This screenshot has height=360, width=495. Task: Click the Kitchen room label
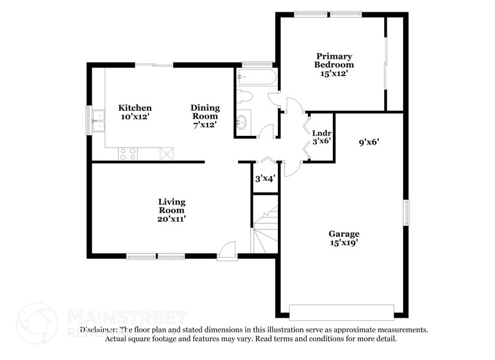pyautogui.click(x=135, y=108)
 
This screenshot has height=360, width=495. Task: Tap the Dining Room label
pyautogui.click(x=205, y=112)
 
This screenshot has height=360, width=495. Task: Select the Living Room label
pyautogui.click(x=171, y=206)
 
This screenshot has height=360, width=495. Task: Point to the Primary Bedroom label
pyautogui.click(x=334, y=60)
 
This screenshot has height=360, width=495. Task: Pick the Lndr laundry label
pyautogui.click(x=322, y=133)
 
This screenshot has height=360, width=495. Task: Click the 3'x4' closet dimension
pyautogui.click(x=265, y=179)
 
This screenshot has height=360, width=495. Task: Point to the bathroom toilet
pyautogui.click(x=245, y=97)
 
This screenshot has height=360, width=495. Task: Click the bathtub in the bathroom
pyautogui.click(x=256, y=78)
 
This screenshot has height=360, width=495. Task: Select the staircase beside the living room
pyautogui.click(x=266, y=231)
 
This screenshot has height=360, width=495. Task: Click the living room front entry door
pyautogui.click(x=227, y=251)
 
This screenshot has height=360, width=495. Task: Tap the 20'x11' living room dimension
pyautogui.click(x=171, y=219)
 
